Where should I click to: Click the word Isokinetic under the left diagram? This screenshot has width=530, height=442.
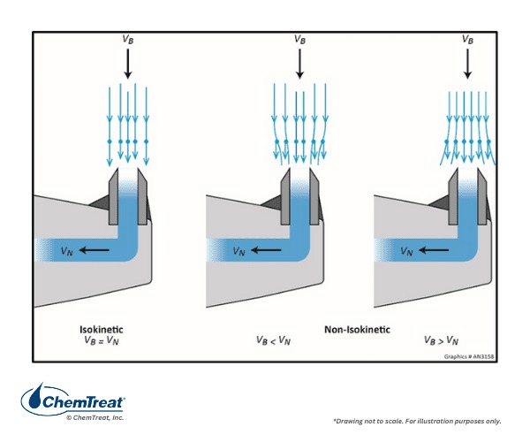(102, 330)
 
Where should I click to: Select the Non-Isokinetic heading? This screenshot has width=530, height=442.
(357, 330)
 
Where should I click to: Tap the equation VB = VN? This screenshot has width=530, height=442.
(102, 340)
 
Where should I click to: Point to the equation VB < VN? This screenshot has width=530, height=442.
(274, 340)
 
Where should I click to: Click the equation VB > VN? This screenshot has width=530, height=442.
(441, 340)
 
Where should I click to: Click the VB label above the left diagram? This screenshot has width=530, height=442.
(128, 39)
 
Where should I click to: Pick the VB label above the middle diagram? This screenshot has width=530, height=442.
(299, 39)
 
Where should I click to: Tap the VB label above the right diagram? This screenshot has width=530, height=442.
(467, 39)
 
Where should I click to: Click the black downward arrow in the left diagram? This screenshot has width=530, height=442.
(128, 64)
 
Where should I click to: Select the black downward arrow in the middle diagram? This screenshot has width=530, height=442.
(299, 64)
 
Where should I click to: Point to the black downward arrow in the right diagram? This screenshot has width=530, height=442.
(467, 64)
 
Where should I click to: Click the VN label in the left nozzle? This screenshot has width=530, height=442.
(66, 251)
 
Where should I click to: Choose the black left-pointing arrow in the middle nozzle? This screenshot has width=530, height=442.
(266, 250)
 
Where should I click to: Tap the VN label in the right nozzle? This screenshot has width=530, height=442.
(406, 251)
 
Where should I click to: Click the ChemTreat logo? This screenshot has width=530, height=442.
(73, 399)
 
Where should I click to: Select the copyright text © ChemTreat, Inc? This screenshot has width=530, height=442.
(95, 417)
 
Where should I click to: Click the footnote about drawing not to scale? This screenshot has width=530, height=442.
(417, 421)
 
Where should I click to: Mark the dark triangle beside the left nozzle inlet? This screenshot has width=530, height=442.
(99, 204)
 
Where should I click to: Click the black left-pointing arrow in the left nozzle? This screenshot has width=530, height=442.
(94, 250)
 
